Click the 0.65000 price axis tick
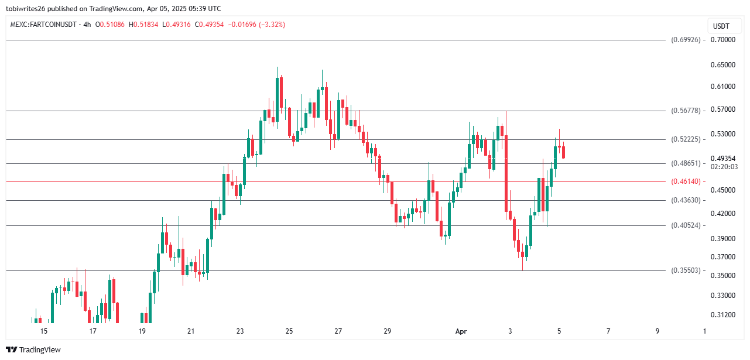[x=722, y=65]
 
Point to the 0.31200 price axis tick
[x=722, y=315]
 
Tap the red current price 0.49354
[x=722, y=159]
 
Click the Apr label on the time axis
[x=461, y=331]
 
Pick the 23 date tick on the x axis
[x=240, y=331]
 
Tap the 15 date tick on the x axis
[x=43, y=331]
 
